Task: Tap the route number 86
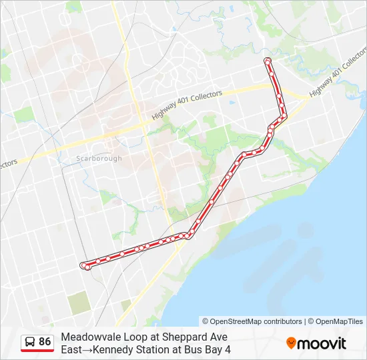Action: click(x=45, y=342)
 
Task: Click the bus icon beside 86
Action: click(x=30, y=342)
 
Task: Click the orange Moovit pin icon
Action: click(x=291, y=343)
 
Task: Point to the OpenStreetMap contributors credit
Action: click(x=252, y=321)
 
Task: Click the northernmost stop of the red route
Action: click(x=268, y=61)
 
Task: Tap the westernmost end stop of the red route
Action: click(x=84, y=265)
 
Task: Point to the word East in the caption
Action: click(x=72, y=349)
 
